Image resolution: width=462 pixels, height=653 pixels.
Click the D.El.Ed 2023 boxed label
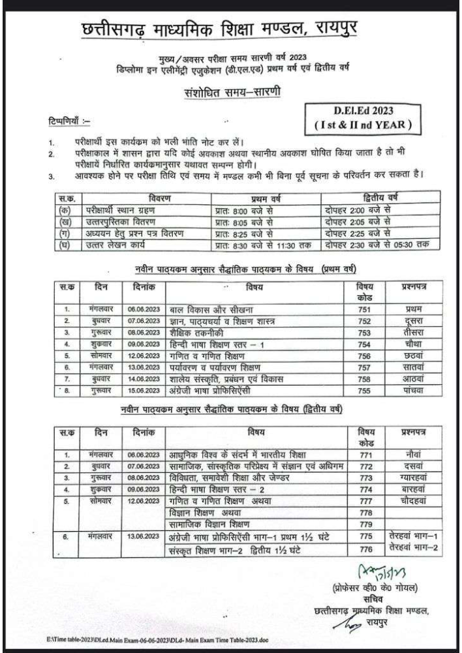367,115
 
